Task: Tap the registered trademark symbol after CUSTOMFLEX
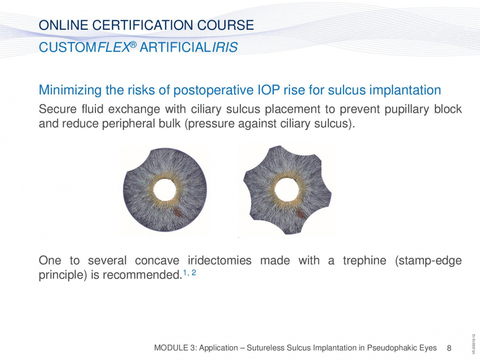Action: pos(133,45)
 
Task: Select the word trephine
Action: pos(364,261)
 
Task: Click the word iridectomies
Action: pos(219,261)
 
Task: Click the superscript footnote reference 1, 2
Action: pos(190,272)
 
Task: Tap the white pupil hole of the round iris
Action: pos(165,190)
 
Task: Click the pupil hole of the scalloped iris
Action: pos(287,190)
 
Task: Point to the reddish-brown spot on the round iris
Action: pos(177,211)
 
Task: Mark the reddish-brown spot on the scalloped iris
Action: pos(300,214)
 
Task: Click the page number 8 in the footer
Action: pos(449,348)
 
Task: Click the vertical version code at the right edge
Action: pos(474,345)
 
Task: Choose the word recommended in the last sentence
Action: pos(142,275)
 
